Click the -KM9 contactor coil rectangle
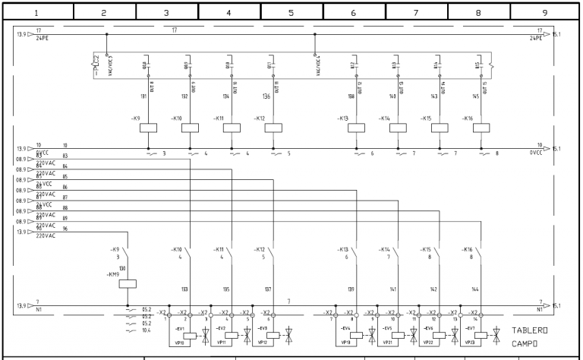tap(128, 283)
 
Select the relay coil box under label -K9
tap(148, 128)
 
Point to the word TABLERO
tap(530, 330)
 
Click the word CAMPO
tap(525, 343)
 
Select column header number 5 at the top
tap(291, 13)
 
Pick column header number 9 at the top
tap(541, 13)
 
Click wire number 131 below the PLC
tap(143, 96)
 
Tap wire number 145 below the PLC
tap(476, 96)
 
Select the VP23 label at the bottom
tap(471, 343)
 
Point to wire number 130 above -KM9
tap(122, 269)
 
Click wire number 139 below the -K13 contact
tap(351, 289)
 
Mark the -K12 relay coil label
tap(259, 118)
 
